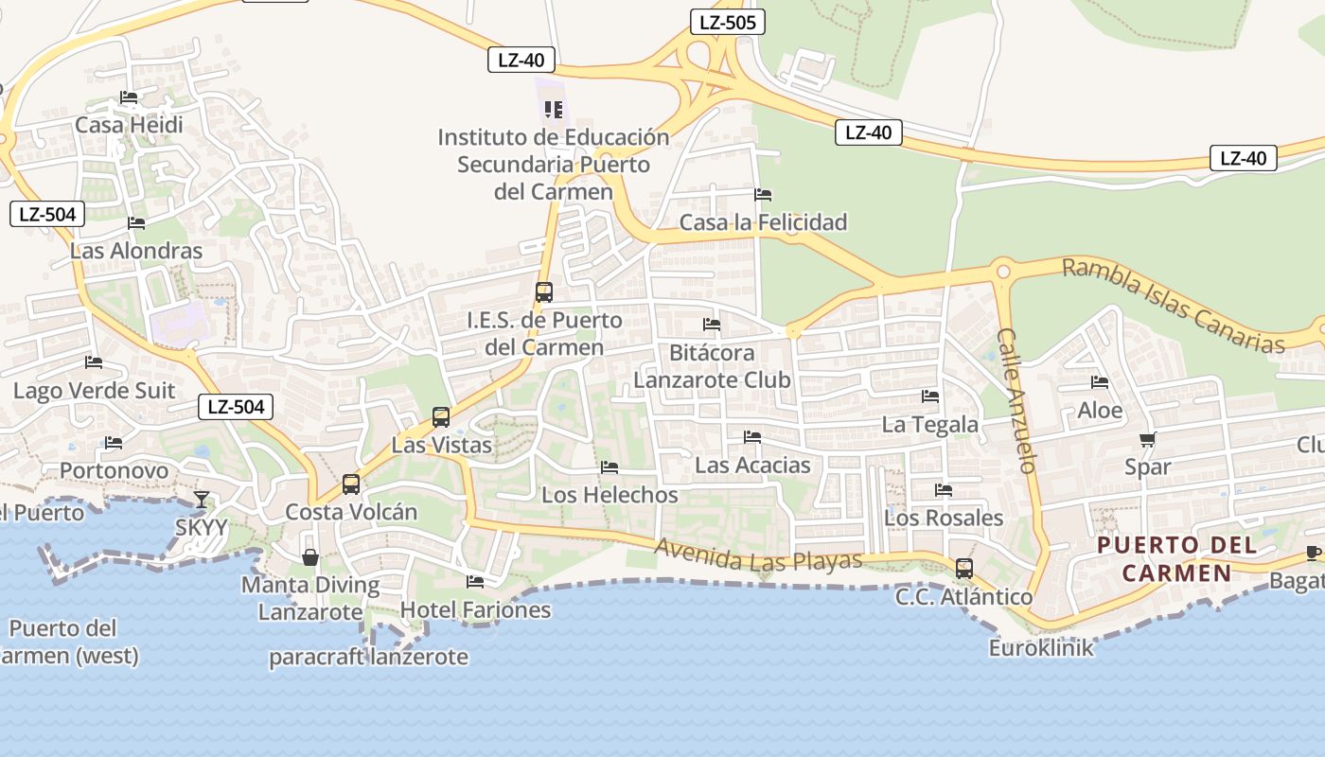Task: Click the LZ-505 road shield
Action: (727, 22)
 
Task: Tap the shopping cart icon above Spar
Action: (1148, 439)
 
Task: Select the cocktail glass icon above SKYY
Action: (202, 499)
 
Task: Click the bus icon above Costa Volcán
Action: (351, 484)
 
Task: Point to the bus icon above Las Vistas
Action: (441, 417)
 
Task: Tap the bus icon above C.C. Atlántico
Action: (964, 569)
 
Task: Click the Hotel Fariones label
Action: (475, 609)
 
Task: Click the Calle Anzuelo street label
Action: (1018, 400)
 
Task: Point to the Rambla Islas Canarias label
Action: (1173, 305)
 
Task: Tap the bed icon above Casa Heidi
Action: (129, 97)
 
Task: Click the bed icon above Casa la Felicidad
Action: (763, 195)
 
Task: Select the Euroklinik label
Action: (1041, 648)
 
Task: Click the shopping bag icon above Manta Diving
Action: (309, 557)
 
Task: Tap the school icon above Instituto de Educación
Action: (554, 110)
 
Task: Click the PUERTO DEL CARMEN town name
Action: (1177, 558)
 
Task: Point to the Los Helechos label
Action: (609, 494)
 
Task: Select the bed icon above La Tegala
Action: (930, 396)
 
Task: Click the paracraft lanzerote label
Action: (368, 657)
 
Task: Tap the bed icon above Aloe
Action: (1100, 382)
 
